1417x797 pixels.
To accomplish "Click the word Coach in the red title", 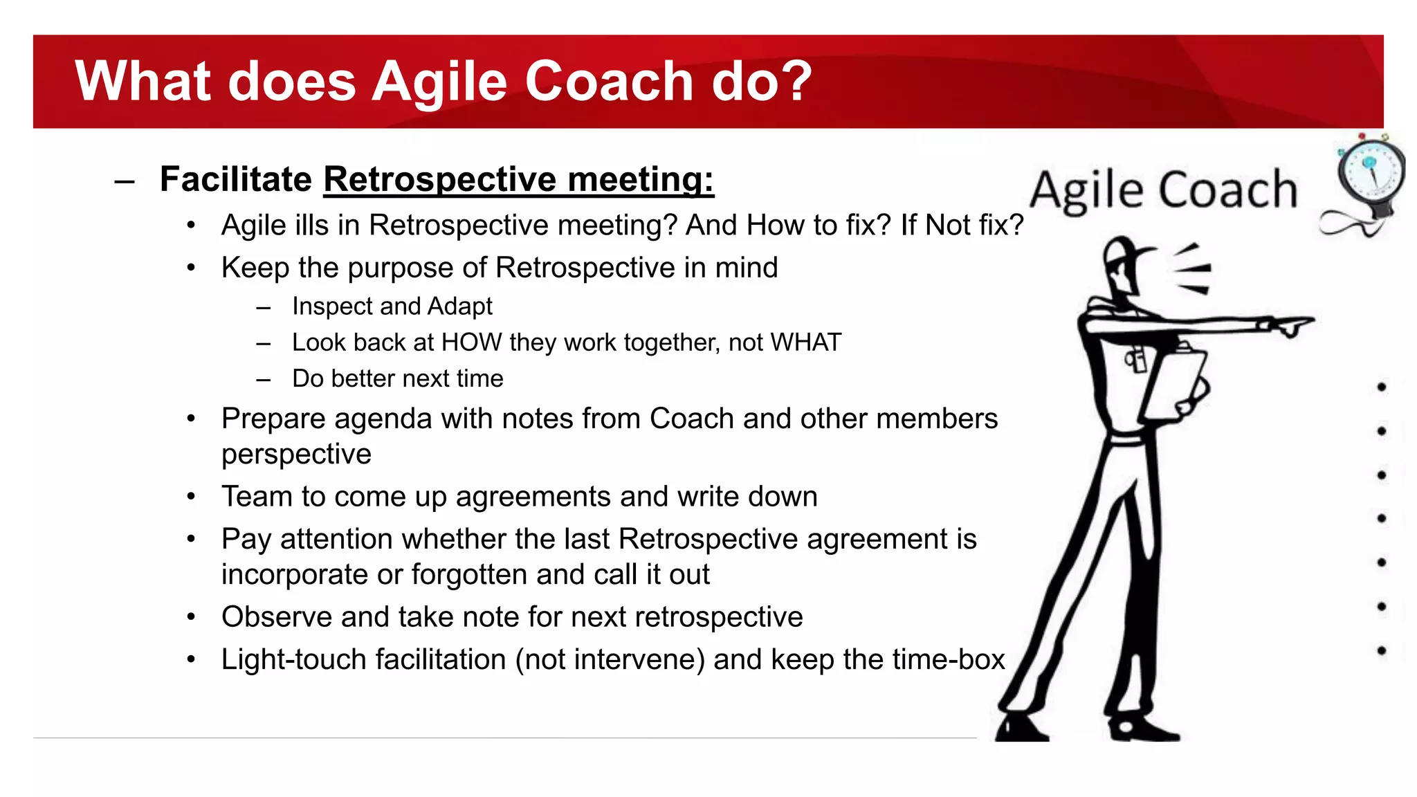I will [x=608, y=82].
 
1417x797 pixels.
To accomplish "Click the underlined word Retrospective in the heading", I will [x=440, y=179].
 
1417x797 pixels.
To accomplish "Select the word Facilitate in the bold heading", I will [x=236, y=179].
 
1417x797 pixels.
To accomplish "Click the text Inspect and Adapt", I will [x=392, y=306].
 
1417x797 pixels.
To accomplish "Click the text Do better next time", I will [x=397, y=378].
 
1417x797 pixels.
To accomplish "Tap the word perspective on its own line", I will [x=296, y=455].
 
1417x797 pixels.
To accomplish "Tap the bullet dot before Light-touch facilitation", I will [x=192, y=659].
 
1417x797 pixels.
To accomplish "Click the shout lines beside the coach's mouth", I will [x=1194, y=270].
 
